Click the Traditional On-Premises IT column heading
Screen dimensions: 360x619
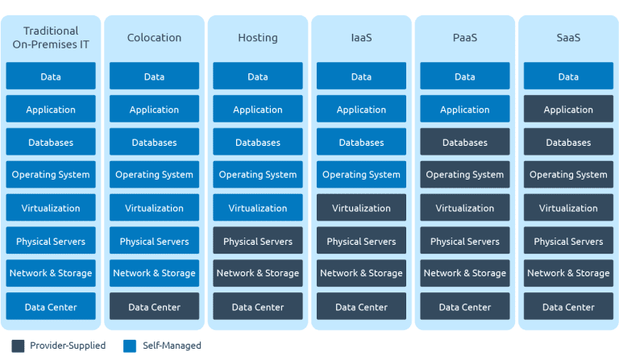[51, 37]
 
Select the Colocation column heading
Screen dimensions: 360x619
[154, 37]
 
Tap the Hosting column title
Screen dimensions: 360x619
[258, 37]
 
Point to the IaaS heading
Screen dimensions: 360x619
[361, 37]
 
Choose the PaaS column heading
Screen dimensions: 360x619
[464, 37]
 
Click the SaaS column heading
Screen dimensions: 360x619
[568, 37]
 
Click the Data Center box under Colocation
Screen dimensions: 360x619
[154, 307]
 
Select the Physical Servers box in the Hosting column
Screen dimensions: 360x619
[258, 241]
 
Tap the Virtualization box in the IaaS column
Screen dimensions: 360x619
[361, 208]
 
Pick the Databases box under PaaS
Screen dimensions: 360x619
[464, 143]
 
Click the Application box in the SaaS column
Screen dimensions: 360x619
[568, 110]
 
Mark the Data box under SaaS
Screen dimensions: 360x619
[568, 77]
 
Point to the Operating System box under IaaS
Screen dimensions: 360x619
[361, 175]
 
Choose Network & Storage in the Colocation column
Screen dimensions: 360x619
[154, 274]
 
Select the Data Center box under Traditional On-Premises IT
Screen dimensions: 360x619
[51, 307]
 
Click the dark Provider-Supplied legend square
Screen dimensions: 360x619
[19, 346]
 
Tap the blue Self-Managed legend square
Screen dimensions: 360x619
[130, 346]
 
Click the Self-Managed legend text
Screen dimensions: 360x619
[172, 346]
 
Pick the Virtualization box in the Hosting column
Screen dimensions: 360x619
[258, 208]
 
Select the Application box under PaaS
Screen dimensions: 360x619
[464, 110]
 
